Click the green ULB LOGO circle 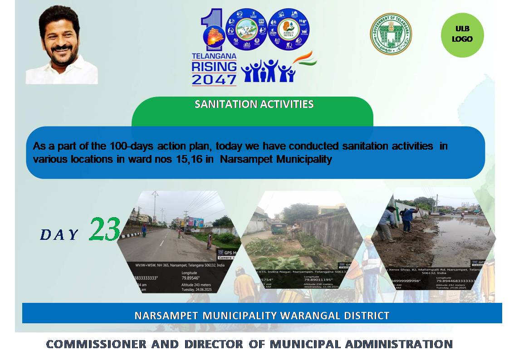pyautogui.click(x=462, y=35)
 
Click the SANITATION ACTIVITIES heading pyautogui.click(x=254, y=104)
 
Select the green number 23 pyautogui.click(x=105, y=229)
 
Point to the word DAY pyautogui.click(x=59, y=234)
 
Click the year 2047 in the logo pyautogui.click(x=214, y=79)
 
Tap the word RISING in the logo pyautogui.click(x=214, y=67)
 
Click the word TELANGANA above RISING pyautogui.click(x=214, y=56)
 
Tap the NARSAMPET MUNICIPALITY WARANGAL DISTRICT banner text pyautogui.click(x=262, y=315)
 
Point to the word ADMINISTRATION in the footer pyautogui.click(x=399, y=344)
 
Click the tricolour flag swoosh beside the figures pyautogui.click(x=305, y=59)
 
